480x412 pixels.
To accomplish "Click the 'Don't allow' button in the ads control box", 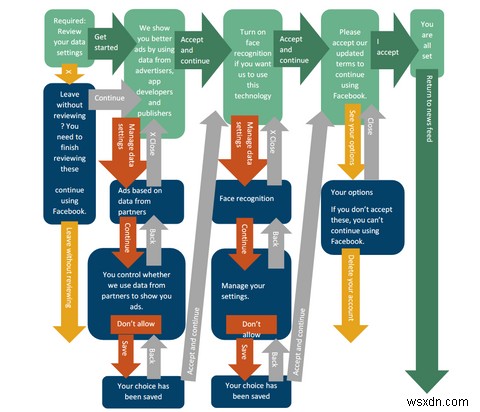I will pos(137,325).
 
